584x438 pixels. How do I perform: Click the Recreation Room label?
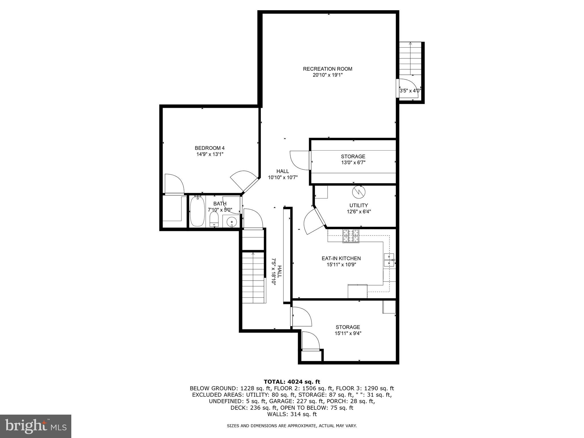327,69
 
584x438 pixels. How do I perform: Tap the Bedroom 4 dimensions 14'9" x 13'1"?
210,154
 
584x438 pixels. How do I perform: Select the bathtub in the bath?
197,211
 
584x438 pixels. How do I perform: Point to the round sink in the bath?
231,222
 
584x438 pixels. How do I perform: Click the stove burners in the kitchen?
351,236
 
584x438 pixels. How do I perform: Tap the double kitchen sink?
389,260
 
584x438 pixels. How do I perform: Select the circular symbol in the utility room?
358,192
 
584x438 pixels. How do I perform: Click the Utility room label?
358,205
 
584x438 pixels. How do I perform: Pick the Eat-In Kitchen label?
341,258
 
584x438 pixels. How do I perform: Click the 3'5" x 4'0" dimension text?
410,91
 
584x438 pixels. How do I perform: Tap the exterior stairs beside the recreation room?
410,58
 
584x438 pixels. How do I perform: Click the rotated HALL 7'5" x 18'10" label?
276,271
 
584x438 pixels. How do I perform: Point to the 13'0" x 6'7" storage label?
353,160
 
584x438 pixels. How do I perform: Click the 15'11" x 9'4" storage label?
348,330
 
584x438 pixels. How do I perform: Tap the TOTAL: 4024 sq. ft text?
292,382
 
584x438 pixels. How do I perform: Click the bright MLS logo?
36,426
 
